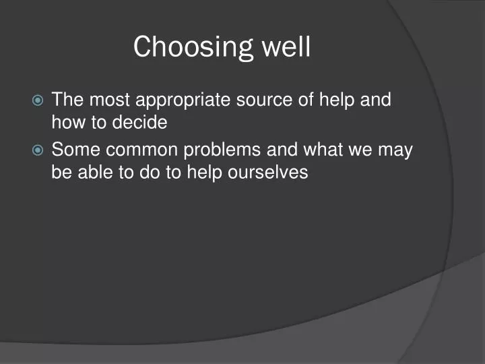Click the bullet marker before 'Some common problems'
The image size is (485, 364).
38,150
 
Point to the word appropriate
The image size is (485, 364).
183,101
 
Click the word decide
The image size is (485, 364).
143,123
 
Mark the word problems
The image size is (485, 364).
218,150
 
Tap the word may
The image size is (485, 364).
395,150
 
